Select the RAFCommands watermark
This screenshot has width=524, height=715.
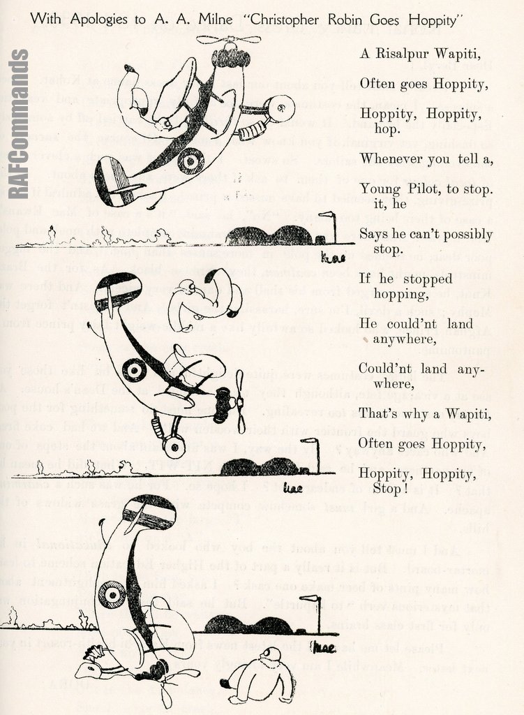[19, 123]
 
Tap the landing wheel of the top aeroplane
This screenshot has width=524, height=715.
[282, 108]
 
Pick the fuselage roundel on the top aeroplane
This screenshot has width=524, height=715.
[190, 161]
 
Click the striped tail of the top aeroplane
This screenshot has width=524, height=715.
[112, 180]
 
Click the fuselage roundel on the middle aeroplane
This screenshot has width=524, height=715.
[134, 369]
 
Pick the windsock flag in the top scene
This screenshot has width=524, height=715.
[327, 215]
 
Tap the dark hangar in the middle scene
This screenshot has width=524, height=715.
[262, 466]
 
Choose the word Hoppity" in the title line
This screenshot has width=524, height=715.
[435, 20]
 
